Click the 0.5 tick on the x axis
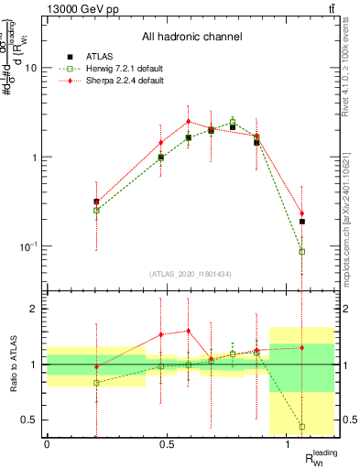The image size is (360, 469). [x=167, y=444]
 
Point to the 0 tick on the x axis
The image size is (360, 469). [x=47, y=444]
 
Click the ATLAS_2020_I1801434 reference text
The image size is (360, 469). [x=191, y=274]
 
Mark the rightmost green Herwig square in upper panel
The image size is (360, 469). [x=302, y=251]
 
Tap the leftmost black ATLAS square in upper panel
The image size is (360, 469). [x=96, y=202]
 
